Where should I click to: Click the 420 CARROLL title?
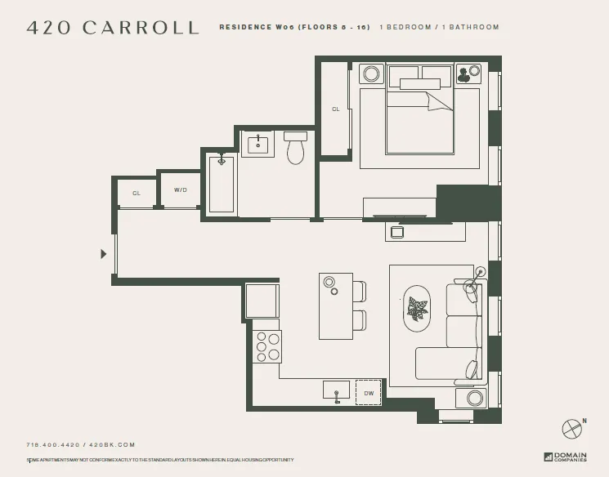click(113, 28)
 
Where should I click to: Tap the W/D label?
click(180, 190)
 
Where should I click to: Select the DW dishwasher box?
click(368, 393)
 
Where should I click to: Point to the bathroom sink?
click(258, 145)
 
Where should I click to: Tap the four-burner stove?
click(267, 346)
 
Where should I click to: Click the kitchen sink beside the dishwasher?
click(336, 391)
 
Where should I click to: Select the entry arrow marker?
click(103, 254)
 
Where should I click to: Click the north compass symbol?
click(572, 428)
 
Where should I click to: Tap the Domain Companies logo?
click(565, 456)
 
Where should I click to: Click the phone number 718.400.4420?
click(52, 445)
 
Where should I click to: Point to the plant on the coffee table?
click(417, 309)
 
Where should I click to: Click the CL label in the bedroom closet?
click(335, 109)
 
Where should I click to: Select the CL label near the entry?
click(137, 194)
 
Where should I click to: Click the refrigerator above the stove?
click(262, 301)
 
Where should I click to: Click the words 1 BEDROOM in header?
click(408, 27)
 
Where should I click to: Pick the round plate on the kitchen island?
click(329, 282)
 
